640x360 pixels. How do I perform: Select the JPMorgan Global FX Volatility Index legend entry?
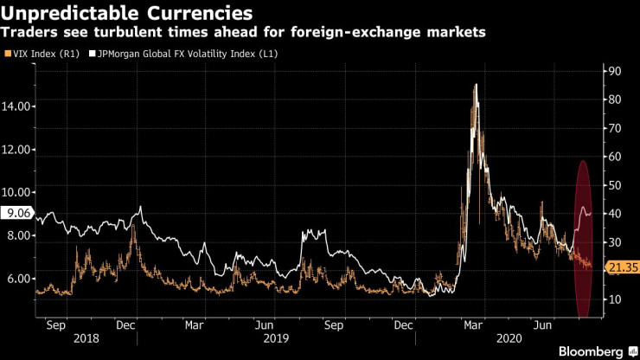pyautogui.click(x=183, y=54)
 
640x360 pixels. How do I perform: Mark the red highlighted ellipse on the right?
pyautogui.click(x=583, y=238)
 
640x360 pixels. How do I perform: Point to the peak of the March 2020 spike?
pyautogui.click(x=476, y=85)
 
